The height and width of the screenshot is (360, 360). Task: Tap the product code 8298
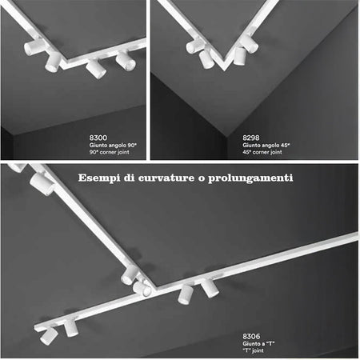250,138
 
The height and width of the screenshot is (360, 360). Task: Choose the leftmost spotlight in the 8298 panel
192,46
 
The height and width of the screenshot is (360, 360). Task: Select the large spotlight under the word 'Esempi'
41,186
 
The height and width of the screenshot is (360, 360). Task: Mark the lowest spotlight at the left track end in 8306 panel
49,337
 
